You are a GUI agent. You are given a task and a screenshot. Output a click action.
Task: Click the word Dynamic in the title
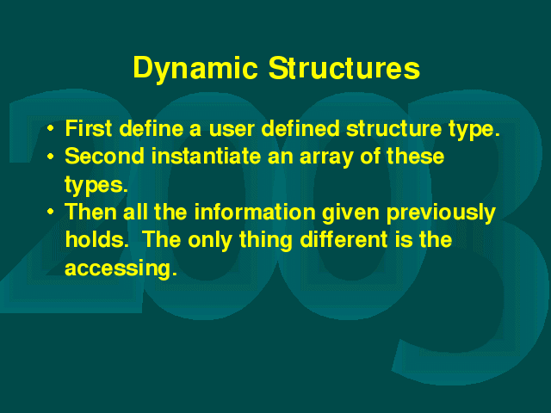195,69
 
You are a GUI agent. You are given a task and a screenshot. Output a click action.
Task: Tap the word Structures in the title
344,68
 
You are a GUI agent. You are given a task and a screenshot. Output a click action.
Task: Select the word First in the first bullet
89,128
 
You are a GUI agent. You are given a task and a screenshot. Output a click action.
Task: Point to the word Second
105,156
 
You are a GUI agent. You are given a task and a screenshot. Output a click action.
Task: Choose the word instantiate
207,156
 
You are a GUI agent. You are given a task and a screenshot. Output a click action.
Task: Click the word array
326,158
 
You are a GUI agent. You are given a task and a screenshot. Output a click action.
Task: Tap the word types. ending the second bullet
96,185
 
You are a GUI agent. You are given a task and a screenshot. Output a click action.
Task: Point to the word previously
441,214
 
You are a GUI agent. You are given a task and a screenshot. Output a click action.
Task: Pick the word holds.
96,239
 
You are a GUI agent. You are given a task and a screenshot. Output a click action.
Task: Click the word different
344,239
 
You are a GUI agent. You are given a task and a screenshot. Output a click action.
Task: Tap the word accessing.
121,269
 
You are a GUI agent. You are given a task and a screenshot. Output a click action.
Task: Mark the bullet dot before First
51,128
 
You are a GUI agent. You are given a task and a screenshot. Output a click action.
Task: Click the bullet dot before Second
51,156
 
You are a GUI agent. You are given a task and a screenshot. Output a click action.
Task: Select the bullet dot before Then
51,212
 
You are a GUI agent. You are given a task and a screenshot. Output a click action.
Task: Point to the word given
350,214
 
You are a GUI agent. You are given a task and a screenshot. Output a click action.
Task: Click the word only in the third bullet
210,242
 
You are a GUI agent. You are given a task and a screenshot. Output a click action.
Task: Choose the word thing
266,242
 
